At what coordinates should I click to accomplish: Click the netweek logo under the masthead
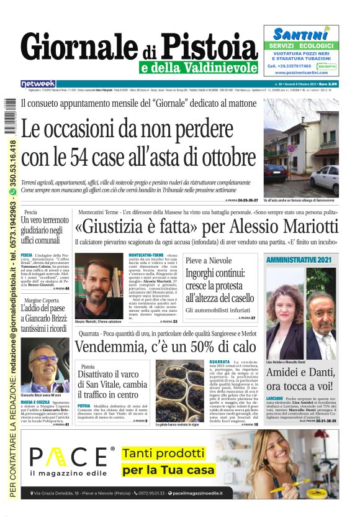pos(38,83)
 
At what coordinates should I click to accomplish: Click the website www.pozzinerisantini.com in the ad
pos(301,72)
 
